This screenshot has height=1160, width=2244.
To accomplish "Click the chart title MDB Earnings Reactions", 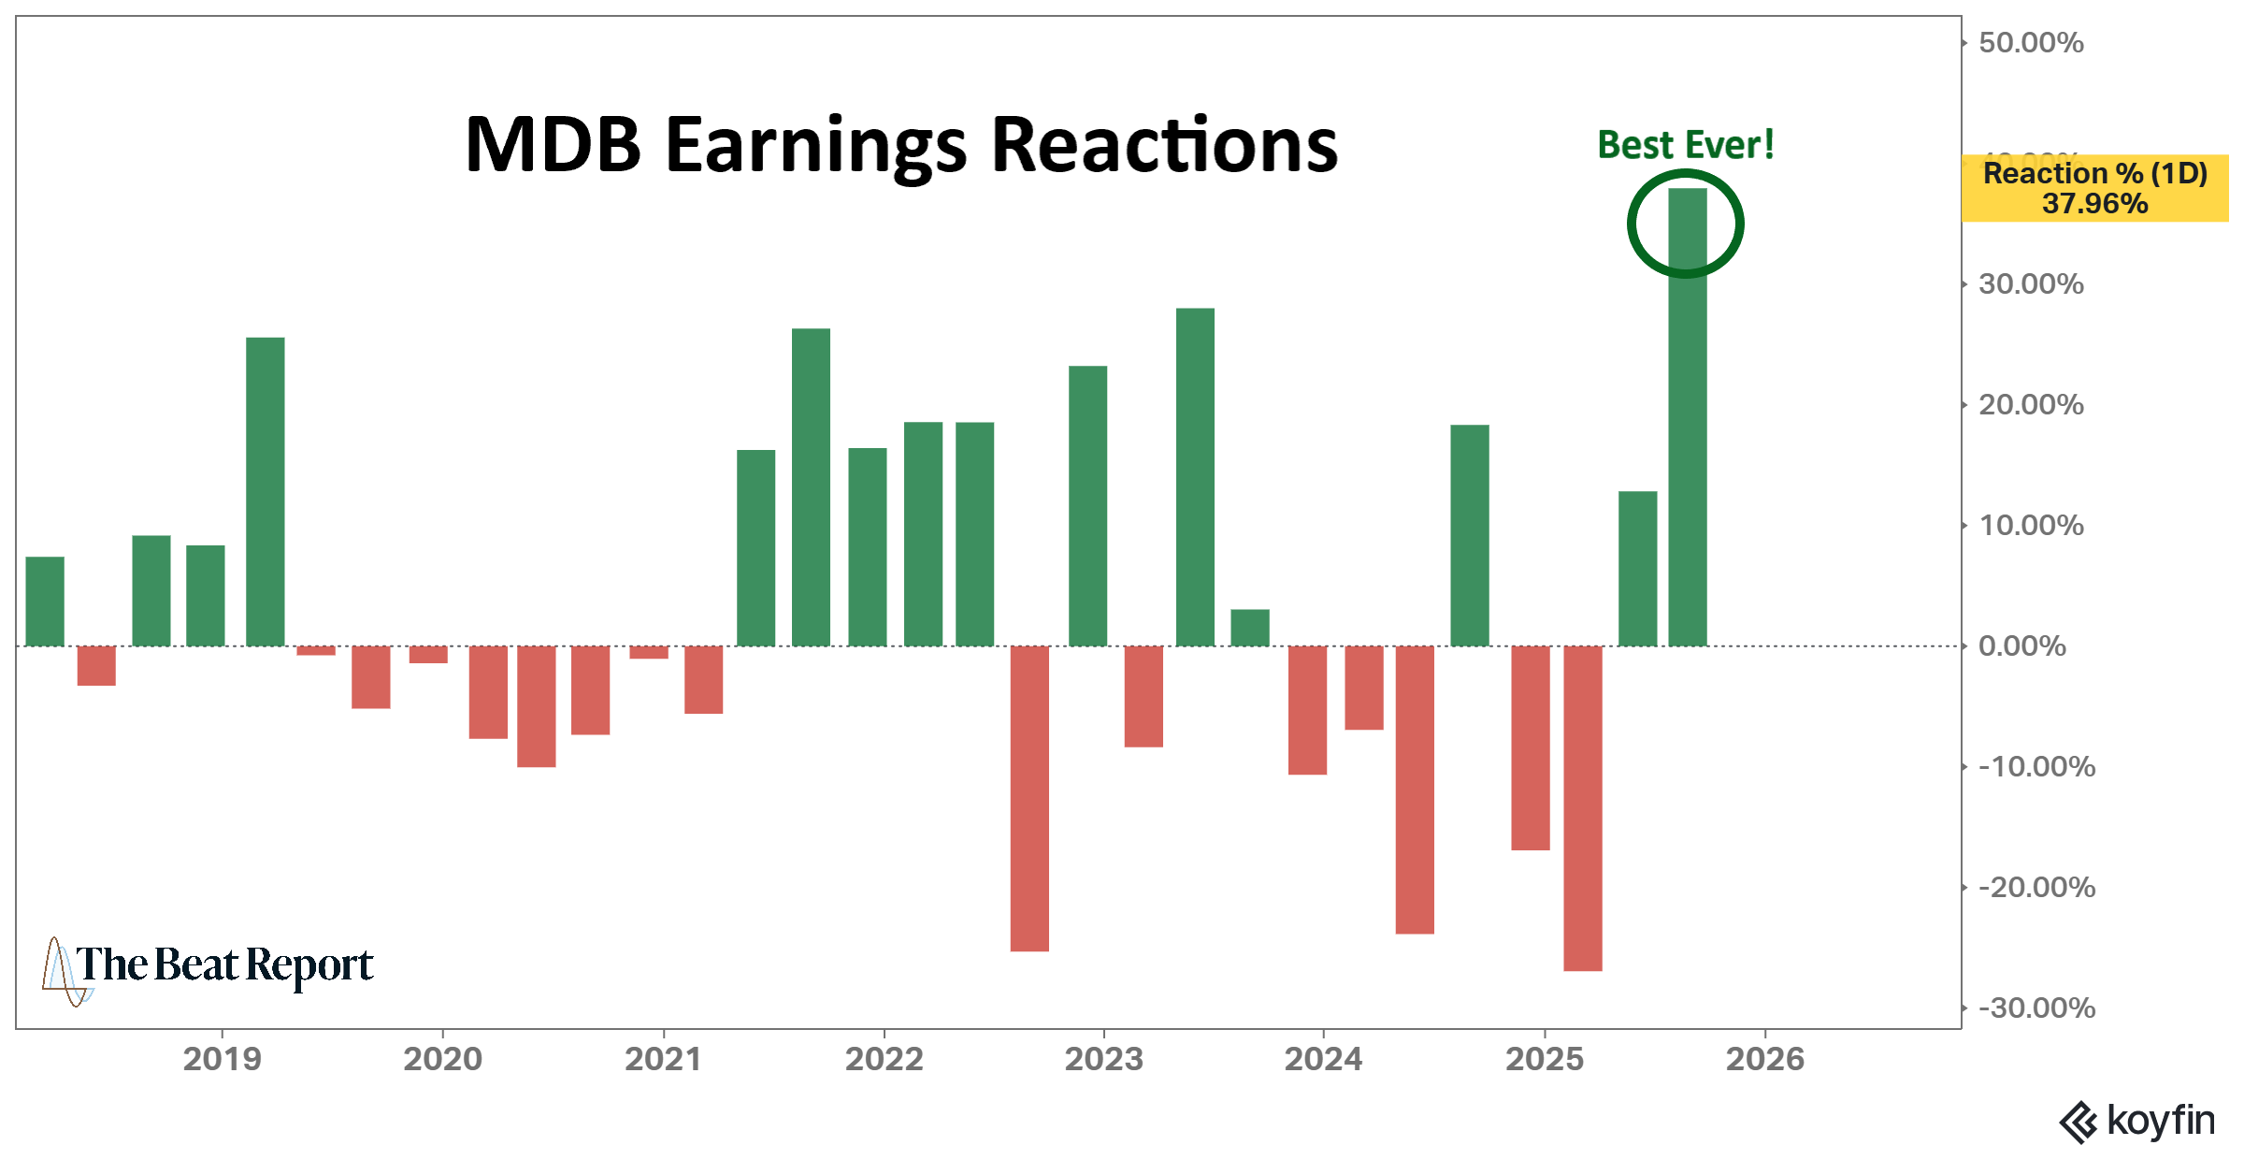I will click(901, 145).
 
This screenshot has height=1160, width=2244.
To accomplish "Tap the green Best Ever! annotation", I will click(1685, 145).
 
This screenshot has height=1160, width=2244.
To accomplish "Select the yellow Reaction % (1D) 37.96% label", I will click(2094, 188).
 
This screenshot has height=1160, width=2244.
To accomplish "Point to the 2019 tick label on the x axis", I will click(222, 1059).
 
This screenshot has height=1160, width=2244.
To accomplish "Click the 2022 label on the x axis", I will click(884, 1059).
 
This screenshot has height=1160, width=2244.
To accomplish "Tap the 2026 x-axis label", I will click(1764, 1059).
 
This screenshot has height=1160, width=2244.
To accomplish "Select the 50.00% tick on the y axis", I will click(2031, 43).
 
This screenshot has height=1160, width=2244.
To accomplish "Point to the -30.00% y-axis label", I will click(2036, 1008).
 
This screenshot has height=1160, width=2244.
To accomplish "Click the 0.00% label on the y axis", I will click(2021, 645).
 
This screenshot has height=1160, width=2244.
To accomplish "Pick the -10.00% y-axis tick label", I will click(2036, 766).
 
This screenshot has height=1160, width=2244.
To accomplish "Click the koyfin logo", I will click(2137, 1121).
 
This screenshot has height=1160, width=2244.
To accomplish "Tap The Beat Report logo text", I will click(223, 965).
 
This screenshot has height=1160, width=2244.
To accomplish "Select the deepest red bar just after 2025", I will click(1582, 808).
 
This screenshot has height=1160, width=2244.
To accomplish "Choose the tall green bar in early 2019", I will click(266, 491).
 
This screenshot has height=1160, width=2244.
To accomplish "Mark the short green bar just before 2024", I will click(1250, 628).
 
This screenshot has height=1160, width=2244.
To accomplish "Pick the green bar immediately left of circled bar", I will click(1637, 568).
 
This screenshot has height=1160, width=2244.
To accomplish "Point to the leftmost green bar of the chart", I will click(45, 601).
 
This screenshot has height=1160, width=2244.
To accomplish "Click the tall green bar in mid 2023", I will click(1195, 477).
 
